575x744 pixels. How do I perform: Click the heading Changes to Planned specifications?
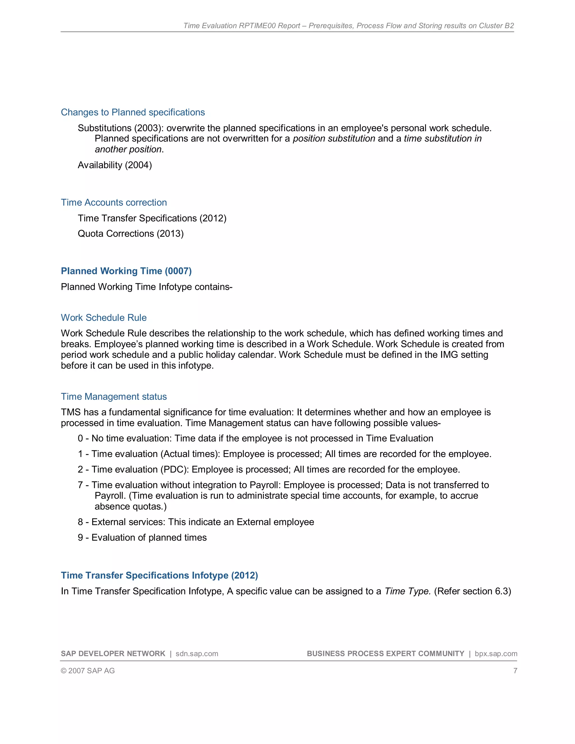click(133, 112)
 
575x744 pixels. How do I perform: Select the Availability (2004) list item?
click(115, 165)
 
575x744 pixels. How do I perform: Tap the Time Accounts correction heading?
click(114, 202)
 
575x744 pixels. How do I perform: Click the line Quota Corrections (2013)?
click(131, 233)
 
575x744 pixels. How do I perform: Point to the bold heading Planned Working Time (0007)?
click(126, 271)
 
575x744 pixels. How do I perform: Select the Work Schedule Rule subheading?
click(104, 318)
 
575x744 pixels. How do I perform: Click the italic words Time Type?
click(407, 591)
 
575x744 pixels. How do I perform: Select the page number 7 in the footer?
click(515, 671)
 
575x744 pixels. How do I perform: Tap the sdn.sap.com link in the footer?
click(197, 654)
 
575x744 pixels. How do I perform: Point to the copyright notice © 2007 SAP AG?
click(88, 671)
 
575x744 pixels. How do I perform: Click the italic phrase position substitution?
click(334, 139)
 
